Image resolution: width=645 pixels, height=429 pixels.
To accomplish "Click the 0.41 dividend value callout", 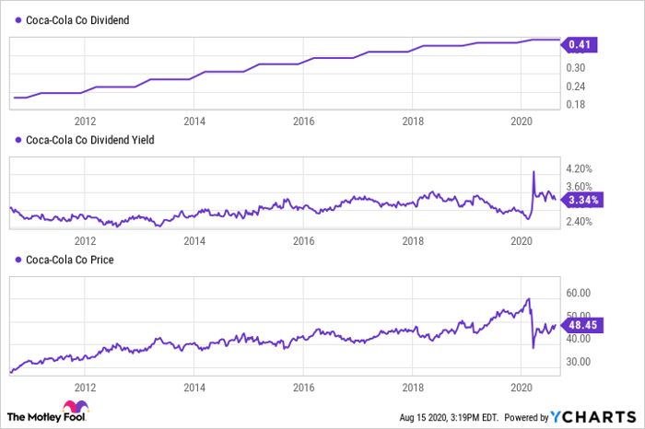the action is [x=580, y=44].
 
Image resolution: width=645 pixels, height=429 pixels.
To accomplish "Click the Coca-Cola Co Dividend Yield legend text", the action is [x=90, y=140].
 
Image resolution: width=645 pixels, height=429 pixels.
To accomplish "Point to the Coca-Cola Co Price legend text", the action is [x=70, y=260].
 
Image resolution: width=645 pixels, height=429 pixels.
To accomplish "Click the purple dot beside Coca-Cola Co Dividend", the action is [x=18, y=19].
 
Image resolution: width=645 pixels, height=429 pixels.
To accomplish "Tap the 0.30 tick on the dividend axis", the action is [x=576, y=68].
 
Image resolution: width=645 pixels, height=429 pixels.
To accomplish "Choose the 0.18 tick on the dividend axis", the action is [x=576, y=104].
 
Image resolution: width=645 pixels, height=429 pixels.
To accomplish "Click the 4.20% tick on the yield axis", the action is [x=580, y=168].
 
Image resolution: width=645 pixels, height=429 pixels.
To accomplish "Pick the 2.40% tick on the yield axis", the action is [x=580, y=222].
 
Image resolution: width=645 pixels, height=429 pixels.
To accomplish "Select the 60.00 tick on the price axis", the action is [x=579, y=293].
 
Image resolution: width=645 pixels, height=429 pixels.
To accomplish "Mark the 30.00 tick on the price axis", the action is [x=579, y=362].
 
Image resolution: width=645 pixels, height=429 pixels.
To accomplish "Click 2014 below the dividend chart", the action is [x=194, y=122].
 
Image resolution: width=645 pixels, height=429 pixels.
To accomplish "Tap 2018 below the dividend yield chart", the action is [x=413, y=241].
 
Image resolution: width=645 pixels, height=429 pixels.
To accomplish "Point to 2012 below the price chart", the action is [x=85, y=388].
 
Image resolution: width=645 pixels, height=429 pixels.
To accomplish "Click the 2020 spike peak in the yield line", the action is [x=534, y=171].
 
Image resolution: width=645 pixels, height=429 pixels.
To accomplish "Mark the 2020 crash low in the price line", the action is [x=534, y=348].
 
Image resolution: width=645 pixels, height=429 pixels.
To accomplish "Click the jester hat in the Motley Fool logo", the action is [x=76, y=406].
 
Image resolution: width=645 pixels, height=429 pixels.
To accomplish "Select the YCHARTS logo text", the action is [x=593, y=417].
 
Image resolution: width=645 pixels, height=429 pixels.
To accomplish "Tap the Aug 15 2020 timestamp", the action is [x=449, y=418].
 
